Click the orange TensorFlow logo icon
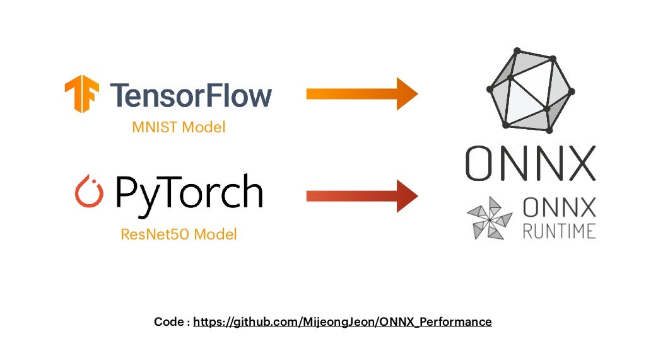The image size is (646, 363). tap(82, 94)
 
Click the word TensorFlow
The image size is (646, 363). tap(191, 95)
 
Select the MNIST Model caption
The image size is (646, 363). tap(179, 127)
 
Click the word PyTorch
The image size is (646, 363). tap(189, 192)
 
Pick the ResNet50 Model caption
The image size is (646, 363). tap(179, 235)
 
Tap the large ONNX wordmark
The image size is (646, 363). tap(531, 163)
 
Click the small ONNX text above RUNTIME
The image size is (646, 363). tap(559, 207)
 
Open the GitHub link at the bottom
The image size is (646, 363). tap(342, 322)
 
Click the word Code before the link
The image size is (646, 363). tap(170, 322)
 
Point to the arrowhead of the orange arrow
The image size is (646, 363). tap(406, 94)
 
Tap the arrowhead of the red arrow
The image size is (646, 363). tap(406, 195)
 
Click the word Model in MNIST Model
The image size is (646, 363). tap(204, 127)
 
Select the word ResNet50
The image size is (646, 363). tap(155, 235)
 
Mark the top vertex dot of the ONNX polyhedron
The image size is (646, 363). tap(517, 50)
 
